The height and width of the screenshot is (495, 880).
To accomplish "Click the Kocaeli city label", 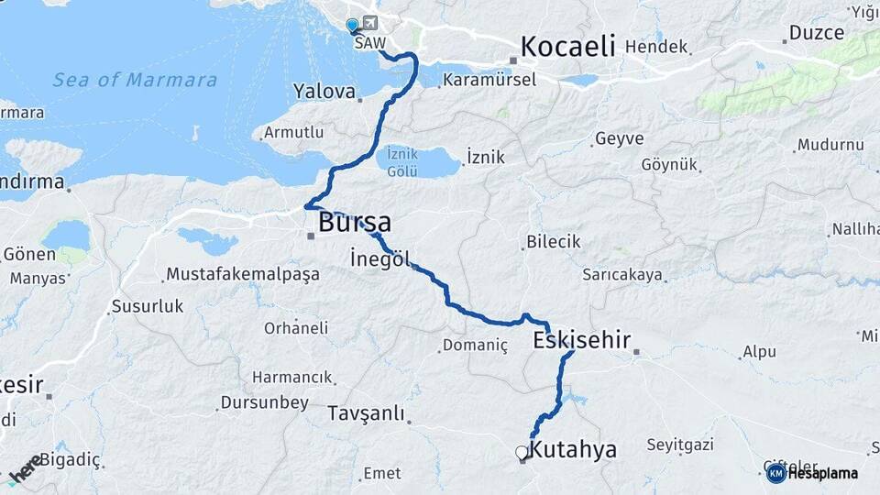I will pos(567,47).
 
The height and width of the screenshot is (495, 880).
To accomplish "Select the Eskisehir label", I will pos(581,341).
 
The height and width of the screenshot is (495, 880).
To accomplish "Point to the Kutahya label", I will pos(574,450).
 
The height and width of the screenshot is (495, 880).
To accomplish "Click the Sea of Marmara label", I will pos(135,80).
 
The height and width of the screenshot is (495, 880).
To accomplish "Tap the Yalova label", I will pos(324,92).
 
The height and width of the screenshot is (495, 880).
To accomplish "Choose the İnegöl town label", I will pos(379,258).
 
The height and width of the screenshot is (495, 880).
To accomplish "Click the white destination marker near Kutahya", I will pos(522,452).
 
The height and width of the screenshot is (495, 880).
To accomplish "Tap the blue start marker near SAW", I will pos(352,26).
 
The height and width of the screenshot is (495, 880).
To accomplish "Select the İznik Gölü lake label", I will pos(402,161).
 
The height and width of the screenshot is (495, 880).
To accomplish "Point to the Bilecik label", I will pos(553,243).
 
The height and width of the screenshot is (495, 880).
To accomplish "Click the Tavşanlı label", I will pos(366,413).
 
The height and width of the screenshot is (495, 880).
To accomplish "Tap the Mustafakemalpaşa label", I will pos(242,274).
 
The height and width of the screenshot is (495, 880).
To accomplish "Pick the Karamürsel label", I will pos(489,81).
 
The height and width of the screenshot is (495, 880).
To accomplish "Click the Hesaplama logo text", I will pos(822,473).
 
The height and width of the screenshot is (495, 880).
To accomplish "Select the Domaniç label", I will pos(474,346).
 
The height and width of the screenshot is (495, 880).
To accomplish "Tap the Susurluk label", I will pos(147,307).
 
